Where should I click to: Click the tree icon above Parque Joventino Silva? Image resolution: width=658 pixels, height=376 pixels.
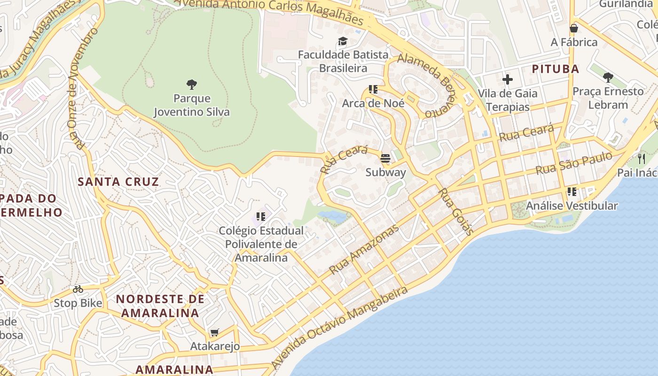191,85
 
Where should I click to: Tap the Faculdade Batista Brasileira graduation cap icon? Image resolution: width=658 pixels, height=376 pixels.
343,41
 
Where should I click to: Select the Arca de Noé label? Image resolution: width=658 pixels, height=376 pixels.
373,103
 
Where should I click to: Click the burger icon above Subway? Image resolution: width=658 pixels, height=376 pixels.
385,158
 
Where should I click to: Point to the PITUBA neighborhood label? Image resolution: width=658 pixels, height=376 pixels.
555,69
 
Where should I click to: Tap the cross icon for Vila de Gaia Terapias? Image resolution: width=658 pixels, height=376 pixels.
508,79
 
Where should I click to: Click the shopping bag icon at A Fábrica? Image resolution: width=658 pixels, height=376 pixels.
573,28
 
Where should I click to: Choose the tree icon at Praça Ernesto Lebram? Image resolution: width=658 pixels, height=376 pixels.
608,77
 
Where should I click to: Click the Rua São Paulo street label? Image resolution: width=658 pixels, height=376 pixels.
574,163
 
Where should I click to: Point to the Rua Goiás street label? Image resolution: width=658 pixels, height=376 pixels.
455,211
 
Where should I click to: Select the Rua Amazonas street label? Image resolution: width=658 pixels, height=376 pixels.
364,250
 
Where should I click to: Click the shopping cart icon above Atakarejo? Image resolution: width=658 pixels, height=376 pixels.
215,333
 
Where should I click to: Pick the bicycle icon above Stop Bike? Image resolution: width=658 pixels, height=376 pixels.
78,289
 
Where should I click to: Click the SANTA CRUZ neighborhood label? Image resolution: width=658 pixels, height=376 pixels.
118,182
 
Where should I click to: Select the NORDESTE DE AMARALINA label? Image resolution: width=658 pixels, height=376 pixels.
160,305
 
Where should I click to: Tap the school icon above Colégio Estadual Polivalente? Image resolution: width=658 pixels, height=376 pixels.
261,217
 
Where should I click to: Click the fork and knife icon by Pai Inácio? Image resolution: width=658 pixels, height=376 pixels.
642,158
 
